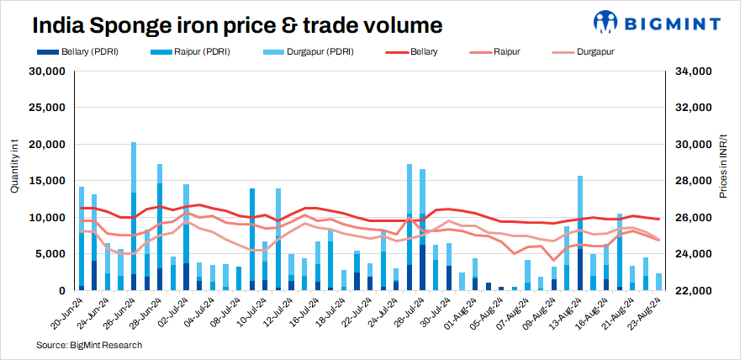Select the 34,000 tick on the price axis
tap(695, 71)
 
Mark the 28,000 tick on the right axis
tap(695, 181)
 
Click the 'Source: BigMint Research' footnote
tap(89, 345)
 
